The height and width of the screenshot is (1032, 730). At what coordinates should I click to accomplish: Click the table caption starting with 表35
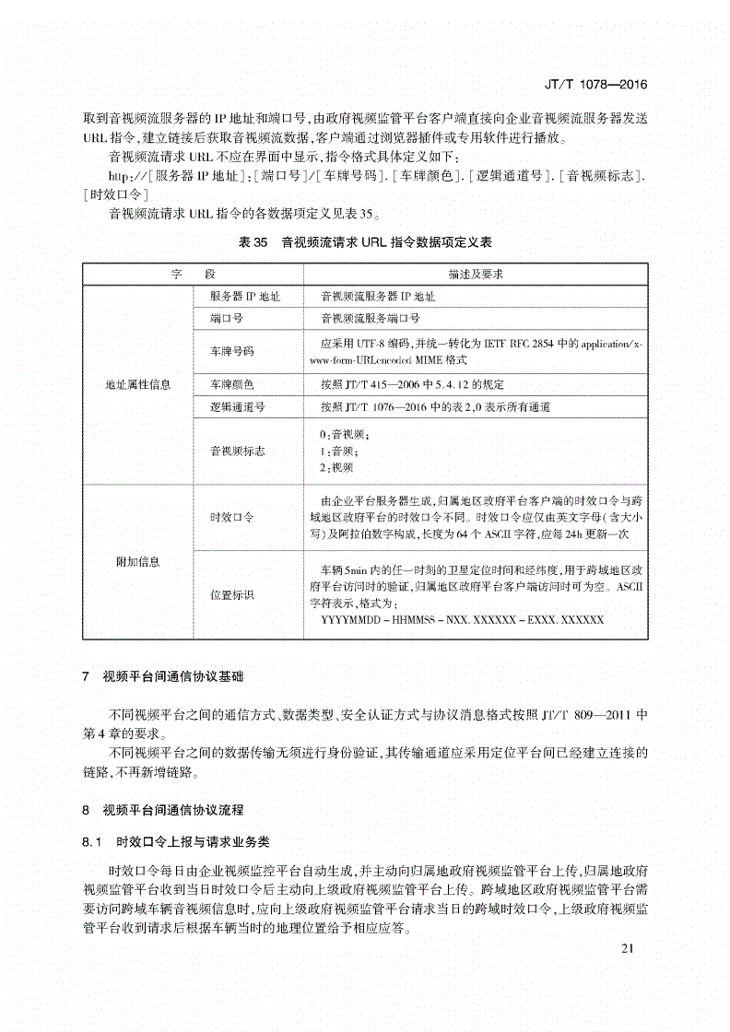tap(365, 243)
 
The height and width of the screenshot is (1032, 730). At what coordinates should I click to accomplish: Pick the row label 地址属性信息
tap(138, 383)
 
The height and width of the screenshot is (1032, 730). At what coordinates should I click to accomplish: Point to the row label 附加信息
tap(138, 560)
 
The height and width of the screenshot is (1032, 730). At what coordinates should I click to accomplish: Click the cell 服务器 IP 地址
tap(246, 297)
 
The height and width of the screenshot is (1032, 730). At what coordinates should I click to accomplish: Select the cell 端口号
tap(227, 319)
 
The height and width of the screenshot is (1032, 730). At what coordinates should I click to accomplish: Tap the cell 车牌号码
tap(231, 352)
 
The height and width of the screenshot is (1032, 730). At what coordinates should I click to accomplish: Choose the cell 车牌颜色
tap(231, 383)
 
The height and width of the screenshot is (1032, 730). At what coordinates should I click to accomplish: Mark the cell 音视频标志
tap(237, 451)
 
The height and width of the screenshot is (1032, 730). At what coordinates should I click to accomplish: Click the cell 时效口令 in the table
tap(231, 518)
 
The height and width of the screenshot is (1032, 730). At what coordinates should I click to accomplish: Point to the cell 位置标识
tap(231, 594)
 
